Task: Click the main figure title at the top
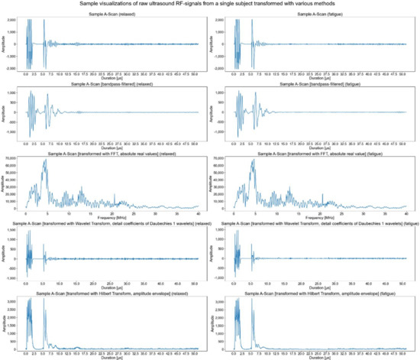click(x=210, y=5)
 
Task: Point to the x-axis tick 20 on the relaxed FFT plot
click(x=113, y=213)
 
